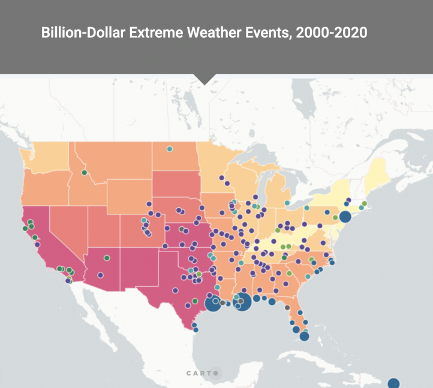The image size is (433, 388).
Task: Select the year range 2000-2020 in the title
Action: coord(329,32)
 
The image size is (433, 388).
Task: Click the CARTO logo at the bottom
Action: coord(203,373)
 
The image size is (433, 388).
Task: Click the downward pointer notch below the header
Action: coord(205,79)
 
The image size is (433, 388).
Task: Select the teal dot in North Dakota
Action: coord(170,148)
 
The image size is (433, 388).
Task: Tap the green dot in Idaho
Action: coord(85,172)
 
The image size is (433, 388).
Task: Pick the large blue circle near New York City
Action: coord(345,217)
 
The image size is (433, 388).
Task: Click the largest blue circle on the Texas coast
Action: coord(213,304)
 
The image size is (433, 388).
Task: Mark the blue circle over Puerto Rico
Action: coord(393,383)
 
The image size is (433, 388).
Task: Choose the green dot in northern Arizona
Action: coord(106,257)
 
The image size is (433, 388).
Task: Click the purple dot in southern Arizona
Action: coord(100,275)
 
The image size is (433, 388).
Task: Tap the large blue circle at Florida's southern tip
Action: coord(304,336)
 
